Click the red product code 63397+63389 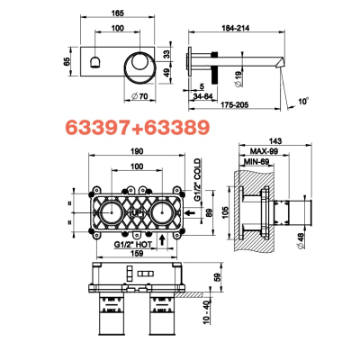(137, 128)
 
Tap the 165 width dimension (117, 13)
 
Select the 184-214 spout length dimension (236, 28)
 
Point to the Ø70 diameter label (139, 96)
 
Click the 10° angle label (303, 102)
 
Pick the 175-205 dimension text (235, 105)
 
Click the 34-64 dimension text (202, 96)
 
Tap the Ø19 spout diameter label (238, 79)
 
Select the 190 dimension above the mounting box (137, 151)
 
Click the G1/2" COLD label (197, 180)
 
